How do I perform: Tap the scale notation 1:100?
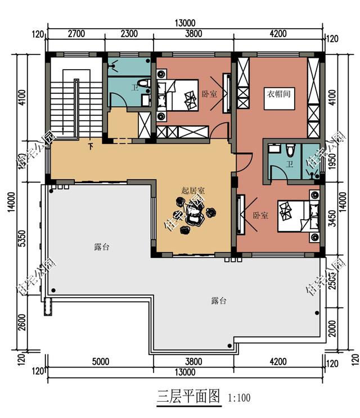tap(239, 398)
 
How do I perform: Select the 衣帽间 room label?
tap(278, 94)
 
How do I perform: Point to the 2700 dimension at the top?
tap(76, 33)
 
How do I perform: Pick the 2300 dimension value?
tap(129, 33)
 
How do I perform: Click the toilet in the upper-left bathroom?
tap(143, 86)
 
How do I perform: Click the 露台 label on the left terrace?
tap(101, 247)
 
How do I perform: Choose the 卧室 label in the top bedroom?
tap(209, 94)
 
